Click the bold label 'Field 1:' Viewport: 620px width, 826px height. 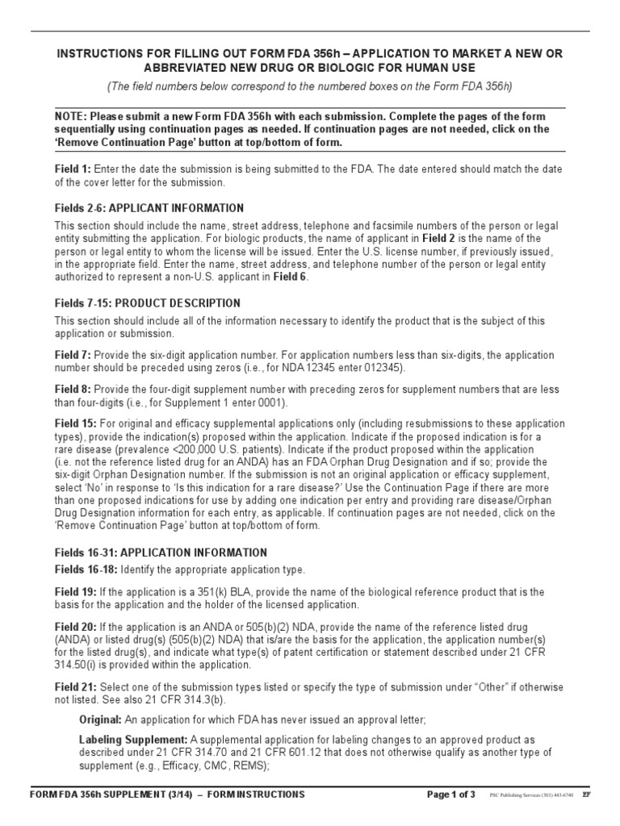pos(73,169)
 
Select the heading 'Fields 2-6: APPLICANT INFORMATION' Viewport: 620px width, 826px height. pos(149,208)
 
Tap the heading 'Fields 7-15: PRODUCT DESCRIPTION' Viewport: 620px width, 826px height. pos(148,303)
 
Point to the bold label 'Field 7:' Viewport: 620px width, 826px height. pos(73,356)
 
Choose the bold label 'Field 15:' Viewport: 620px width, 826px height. pos(75,423)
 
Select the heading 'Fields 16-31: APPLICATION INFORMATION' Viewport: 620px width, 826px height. pos(161,553)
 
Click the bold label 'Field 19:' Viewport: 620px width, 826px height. pos(75,592)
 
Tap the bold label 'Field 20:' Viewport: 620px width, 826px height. pos(75,627)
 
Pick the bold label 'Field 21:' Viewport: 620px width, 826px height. pos(75,686)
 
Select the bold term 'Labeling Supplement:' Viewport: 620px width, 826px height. pos(133,740)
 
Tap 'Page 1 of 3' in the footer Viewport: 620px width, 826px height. pos(451,795)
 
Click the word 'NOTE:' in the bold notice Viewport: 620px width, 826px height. pos(71,116)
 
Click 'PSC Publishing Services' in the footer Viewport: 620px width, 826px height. pos(520,795)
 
